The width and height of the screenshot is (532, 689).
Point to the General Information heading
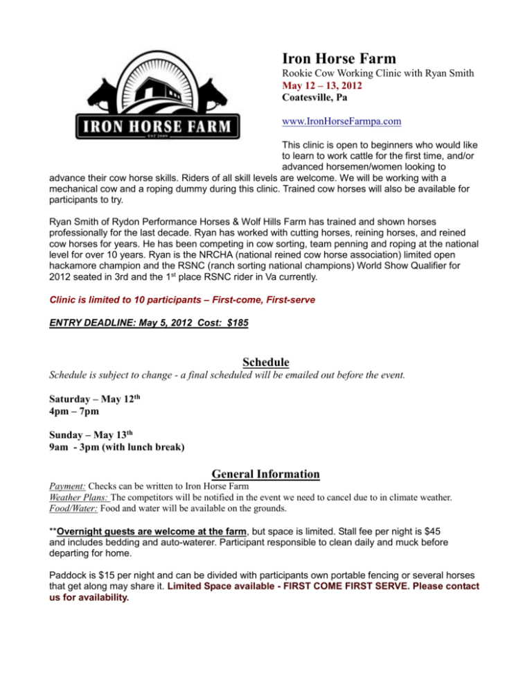[265, 475]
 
